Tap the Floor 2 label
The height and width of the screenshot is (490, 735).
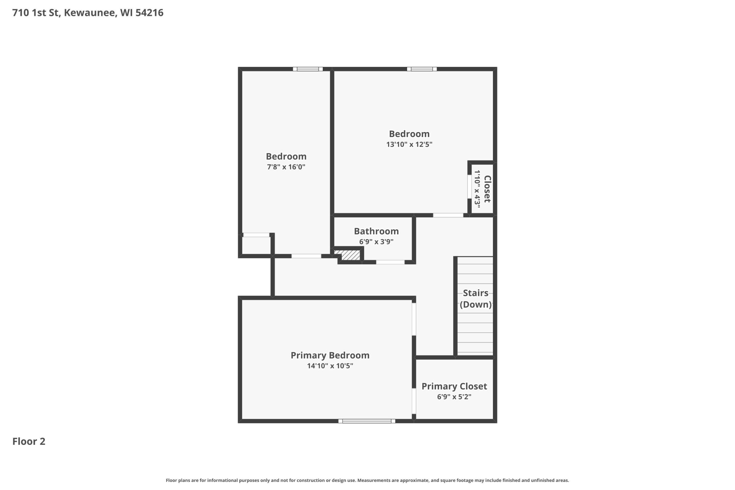click(x=29, y=441)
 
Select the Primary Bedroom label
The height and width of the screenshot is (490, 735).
click(x=330, y=355)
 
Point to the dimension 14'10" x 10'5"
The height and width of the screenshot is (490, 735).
click(x=330, y=366)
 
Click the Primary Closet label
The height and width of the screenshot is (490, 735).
click(x=454, y=386)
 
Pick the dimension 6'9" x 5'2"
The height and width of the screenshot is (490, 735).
click(x=454, y=396)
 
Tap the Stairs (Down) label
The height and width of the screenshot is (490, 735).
click(x=476, y=299)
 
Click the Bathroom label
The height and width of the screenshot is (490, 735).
click(x=376, y=231)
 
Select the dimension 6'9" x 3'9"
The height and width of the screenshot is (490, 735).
click(x=376, y=242)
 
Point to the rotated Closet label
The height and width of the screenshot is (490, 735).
click(x=487, y=189)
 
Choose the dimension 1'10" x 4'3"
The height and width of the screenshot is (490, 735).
click(x=477, y=189)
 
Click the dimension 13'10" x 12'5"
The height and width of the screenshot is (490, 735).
click(x=409, y=144)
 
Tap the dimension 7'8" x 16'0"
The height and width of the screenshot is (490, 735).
click(x=286, y=167)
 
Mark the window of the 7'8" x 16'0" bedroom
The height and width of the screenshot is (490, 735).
click(x=308, y=69)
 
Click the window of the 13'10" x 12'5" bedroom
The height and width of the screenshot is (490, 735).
click(x=421, y=69)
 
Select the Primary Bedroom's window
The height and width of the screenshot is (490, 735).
click(x=367, y=421)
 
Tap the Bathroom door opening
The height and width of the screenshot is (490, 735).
click(x=390, y=262)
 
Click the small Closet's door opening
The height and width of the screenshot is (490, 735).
click(x=469, y=187)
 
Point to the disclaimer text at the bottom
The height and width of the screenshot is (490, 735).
click(x=367, y=480)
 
